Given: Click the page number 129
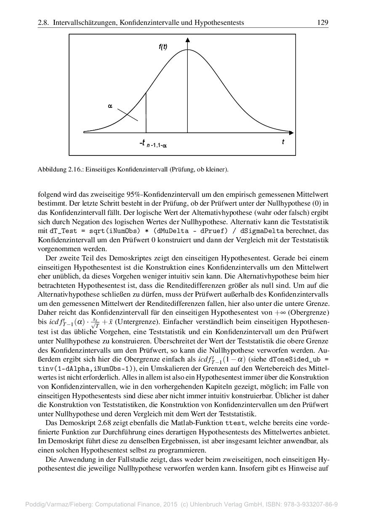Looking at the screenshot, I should tap(322, 22).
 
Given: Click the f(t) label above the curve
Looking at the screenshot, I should tap(163, 47).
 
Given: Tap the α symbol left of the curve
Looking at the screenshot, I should tap(110, 107).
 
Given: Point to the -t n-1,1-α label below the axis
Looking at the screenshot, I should tap(153, 145).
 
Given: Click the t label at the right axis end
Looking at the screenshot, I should tap(283, 142).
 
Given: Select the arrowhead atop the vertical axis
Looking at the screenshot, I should tap(188, 40).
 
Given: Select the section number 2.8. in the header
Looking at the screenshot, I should tap(44, 22).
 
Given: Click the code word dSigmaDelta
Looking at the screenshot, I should tap(261, 231).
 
